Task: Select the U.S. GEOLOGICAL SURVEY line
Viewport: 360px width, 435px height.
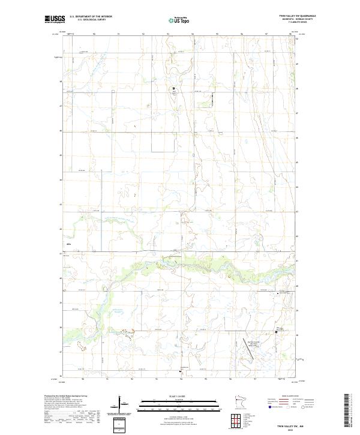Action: [86, 20]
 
